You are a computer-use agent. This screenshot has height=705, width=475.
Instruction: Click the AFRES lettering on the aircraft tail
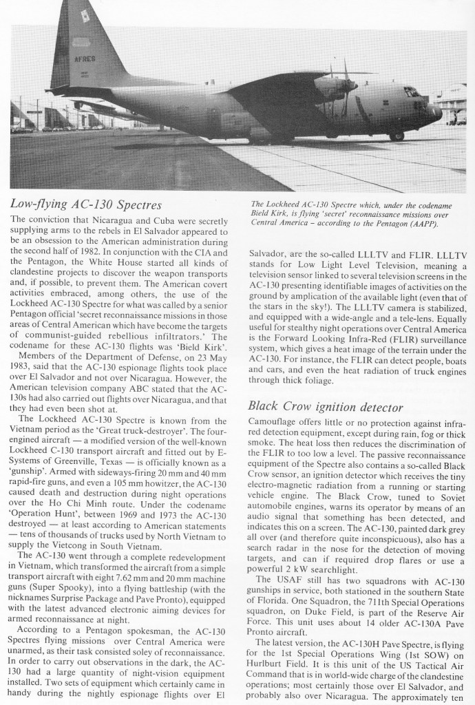click(85, 59)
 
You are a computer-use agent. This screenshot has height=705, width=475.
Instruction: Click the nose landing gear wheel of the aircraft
click(397, 136)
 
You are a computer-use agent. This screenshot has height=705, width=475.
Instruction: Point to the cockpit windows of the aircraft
click(412, 92)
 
